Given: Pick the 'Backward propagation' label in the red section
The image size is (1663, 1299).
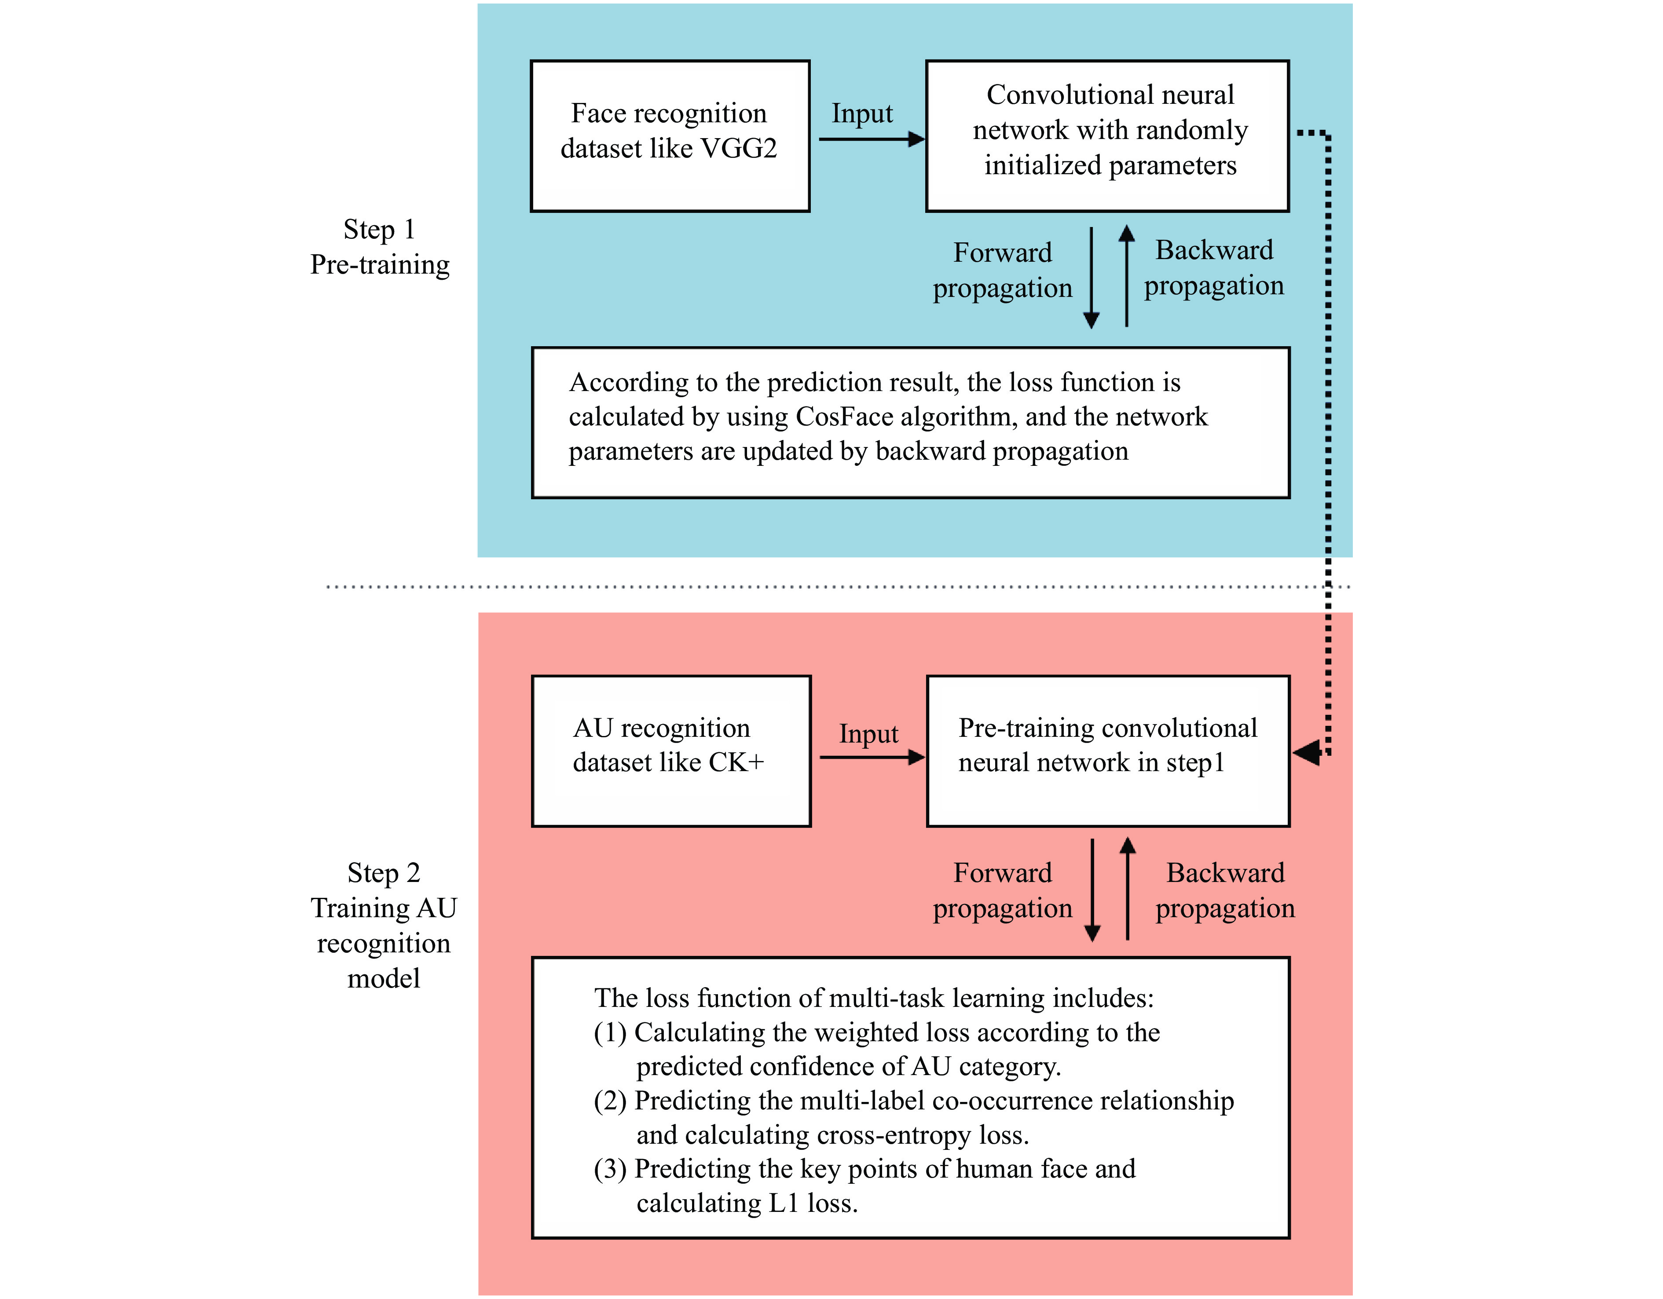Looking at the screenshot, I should click(1224, 890).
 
